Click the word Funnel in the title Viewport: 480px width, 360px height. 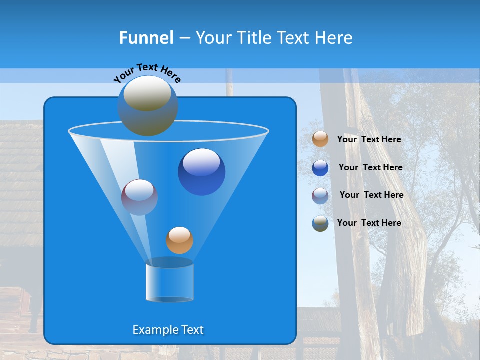[146, 38]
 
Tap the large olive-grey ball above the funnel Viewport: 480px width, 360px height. [147, 106]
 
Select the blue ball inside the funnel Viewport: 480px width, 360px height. [201, 172]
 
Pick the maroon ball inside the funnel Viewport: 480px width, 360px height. [140, 197]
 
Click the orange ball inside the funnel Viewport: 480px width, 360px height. [179, 240]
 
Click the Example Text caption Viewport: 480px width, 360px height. [168, 330]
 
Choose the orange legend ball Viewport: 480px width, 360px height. [320, 139]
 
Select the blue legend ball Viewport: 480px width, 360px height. [320, 167]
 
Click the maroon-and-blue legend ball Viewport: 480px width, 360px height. [320, 195]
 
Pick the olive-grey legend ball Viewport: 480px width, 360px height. [320, 223]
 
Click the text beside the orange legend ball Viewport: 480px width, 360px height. [369, 140]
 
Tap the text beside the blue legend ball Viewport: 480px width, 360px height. [370, 167]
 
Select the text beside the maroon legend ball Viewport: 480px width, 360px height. [371, 195]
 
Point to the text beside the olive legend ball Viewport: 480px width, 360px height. [369, 223]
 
